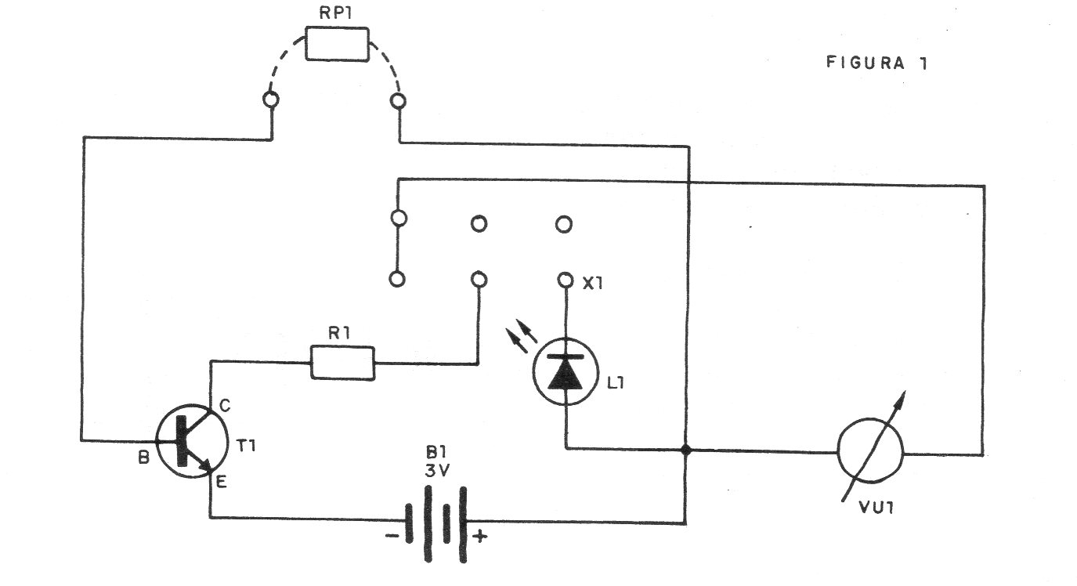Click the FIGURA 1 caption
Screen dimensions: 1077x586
(876, 63)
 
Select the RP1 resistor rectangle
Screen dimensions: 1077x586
(338, 44)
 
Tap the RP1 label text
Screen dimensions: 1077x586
(336, 13)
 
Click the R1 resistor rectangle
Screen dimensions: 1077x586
(343, 363)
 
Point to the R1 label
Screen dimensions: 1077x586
(339, 333)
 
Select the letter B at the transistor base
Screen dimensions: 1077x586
(143, 458)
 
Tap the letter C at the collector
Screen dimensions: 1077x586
(225, 407)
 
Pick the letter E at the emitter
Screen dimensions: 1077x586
(221, 482)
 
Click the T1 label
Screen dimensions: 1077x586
(246, 446)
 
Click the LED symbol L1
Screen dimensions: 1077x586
(566, 371)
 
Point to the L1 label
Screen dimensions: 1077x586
(616, 382)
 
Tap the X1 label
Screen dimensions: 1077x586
(592, 284)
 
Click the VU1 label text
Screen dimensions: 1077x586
(876, 508)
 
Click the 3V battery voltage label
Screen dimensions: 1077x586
(437, 471)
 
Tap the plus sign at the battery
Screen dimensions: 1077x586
(479, 536)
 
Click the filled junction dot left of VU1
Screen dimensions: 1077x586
(686, 450)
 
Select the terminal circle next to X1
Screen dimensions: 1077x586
(566, 280)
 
